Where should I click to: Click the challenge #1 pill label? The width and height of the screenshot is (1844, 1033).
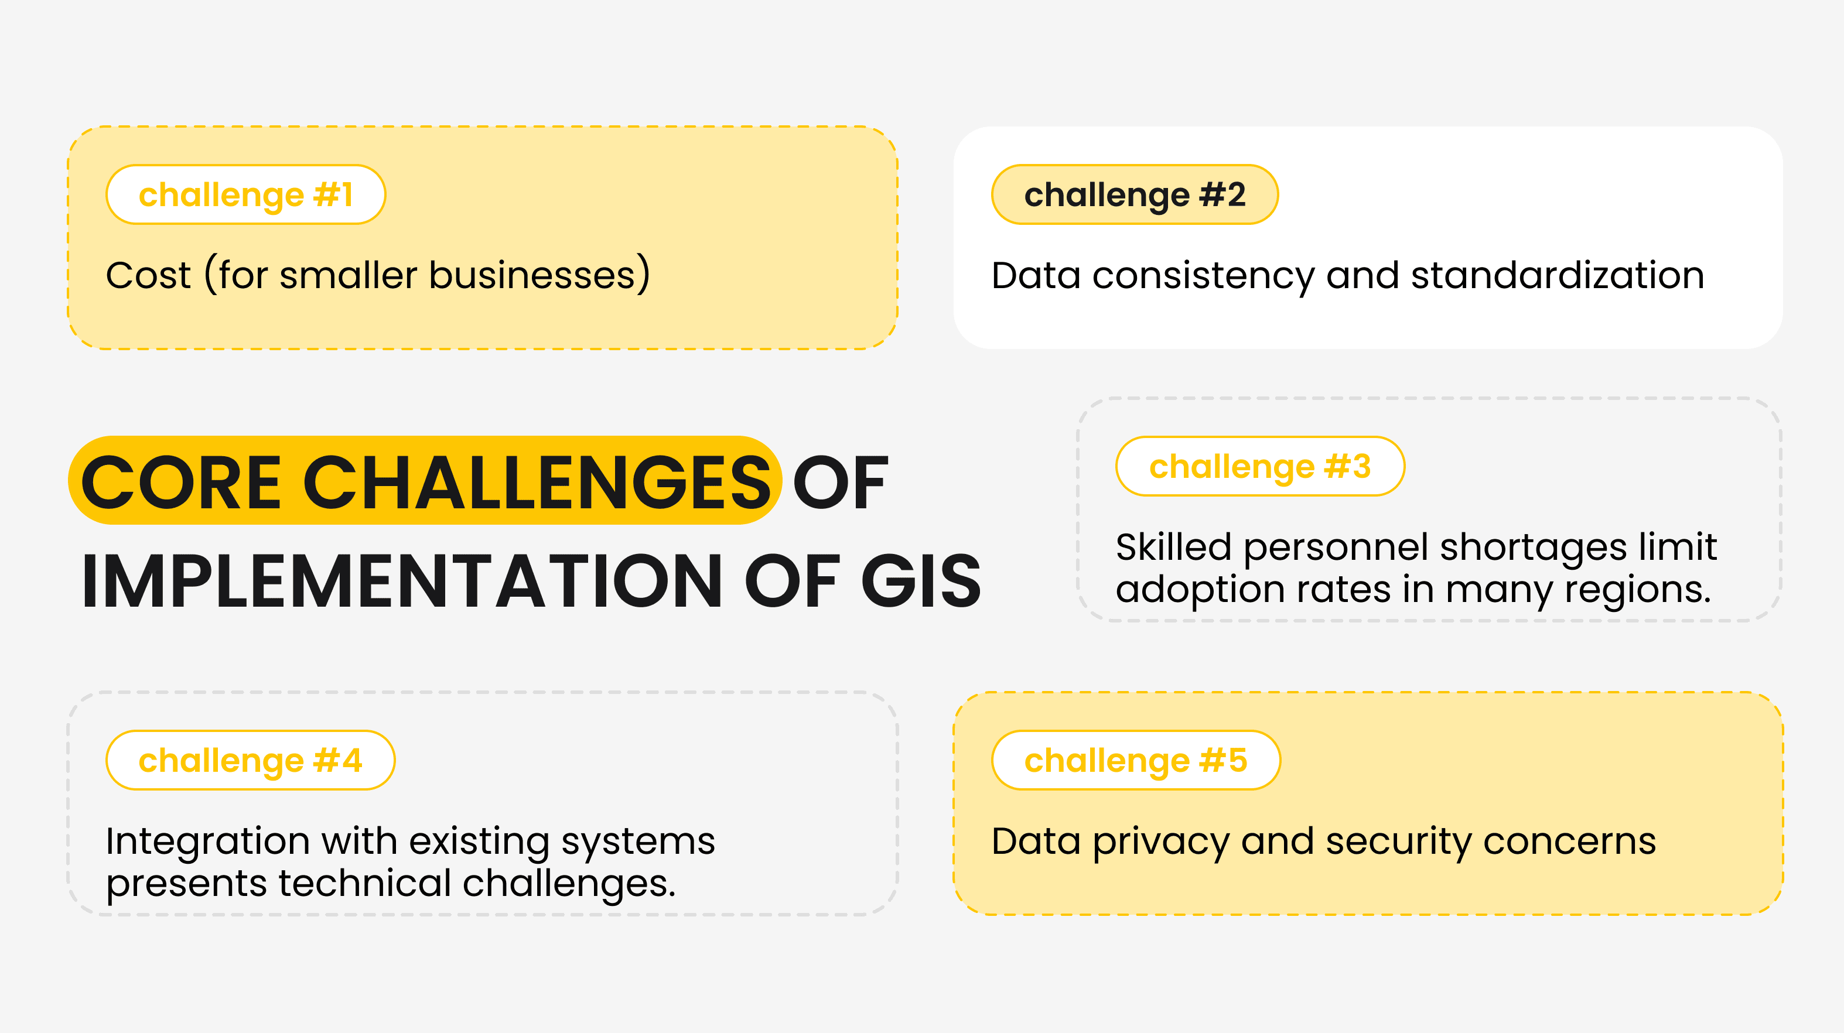pos(245,195)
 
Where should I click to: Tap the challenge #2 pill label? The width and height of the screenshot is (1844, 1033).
pos(1135,195)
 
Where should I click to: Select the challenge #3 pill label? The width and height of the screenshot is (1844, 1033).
pos(1260,466)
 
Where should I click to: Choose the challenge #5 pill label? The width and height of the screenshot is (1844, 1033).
pos(1135,760)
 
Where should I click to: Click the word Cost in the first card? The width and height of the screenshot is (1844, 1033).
pos(148,276)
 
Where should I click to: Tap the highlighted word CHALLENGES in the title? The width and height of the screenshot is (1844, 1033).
pos(537,483)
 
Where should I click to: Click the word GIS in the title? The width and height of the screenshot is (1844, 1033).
pos(921,582)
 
